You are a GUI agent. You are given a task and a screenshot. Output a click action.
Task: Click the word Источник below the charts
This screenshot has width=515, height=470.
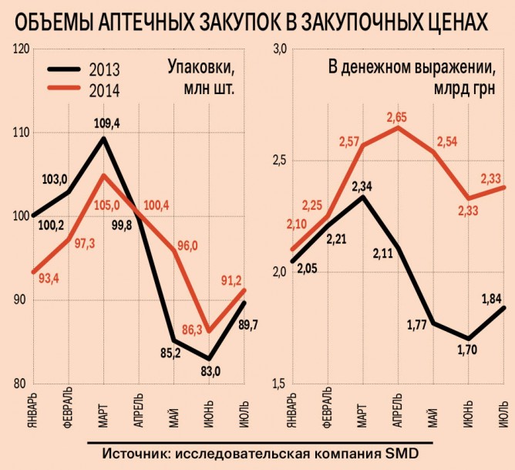point(136,451)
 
